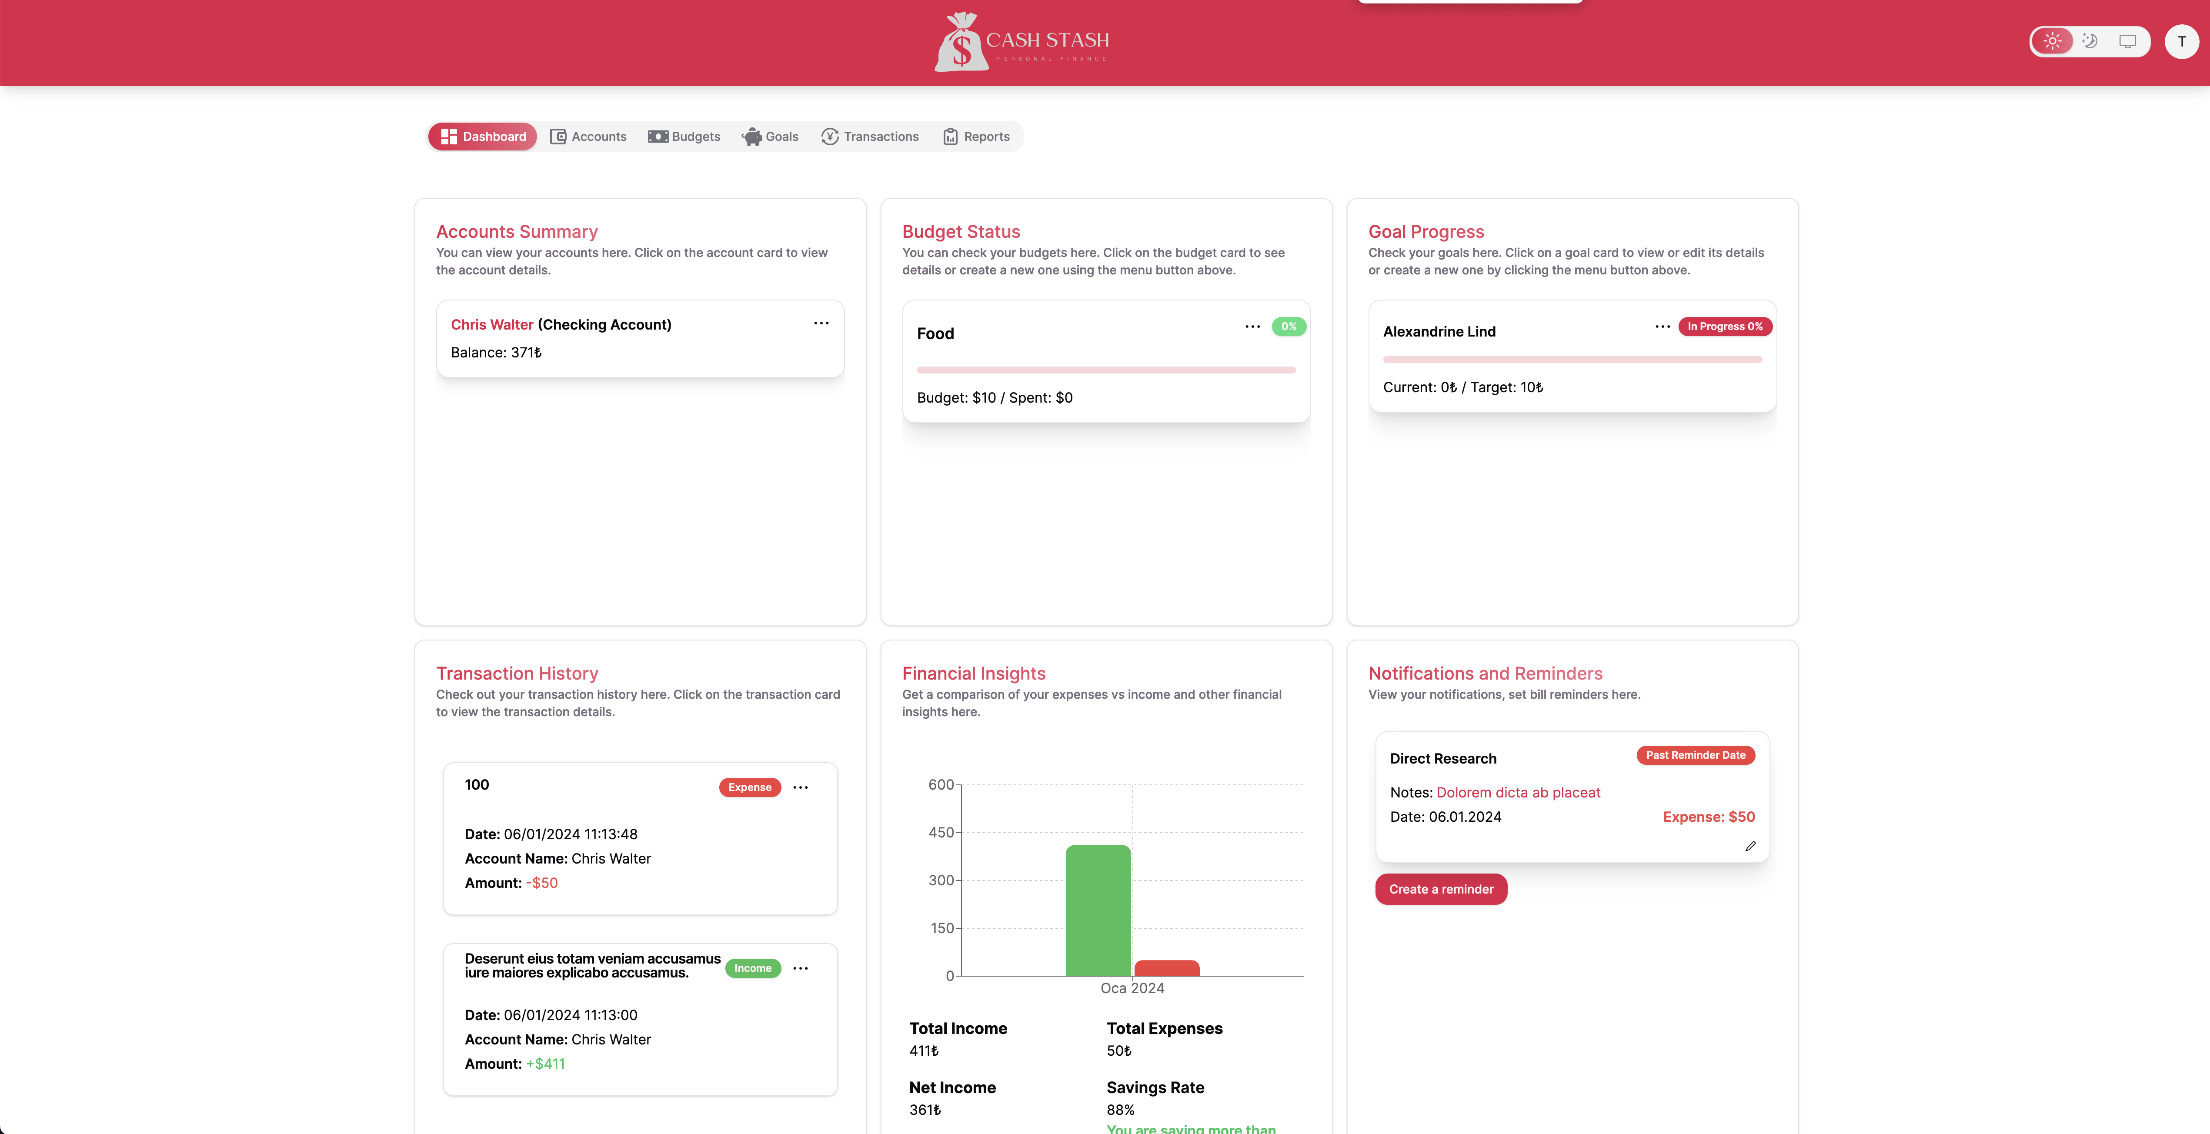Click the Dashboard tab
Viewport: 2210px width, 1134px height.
pos(483,137)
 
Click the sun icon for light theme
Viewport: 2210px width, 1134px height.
pos(2052,41)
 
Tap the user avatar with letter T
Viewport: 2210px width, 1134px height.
pos(2181,41)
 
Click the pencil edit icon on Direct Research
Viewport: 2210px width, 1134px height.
pos(1750,846)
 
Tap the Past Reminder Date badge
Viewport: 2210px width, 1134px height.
pos(1695,755)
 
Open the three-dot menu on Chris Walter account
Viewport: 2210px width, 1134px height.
pos(821,324)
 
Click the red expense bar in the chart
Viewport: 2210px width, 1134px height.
pos(1167,967)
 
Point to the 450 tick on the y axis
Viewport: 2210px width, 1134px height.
pos(941,832)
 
